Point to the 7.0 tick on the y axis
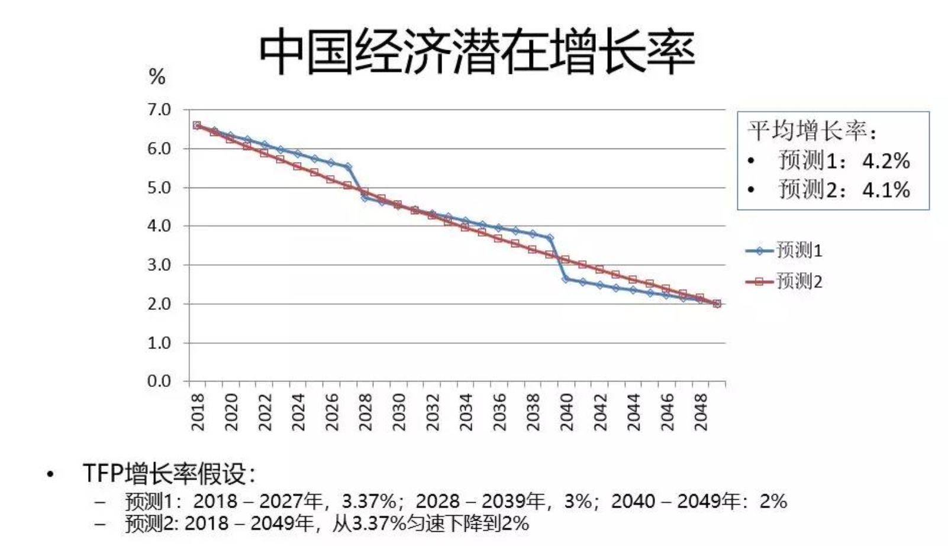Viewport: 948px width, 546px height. pos(159,110)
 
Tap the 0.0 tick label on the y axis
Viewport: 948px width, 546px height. pos(159,381)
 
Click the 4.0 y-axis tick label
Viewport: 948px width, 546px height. pos(159,226)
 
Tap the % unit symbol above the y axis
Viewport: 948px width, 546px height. pos(157,77)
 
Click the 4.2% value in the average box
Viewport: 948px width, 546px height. pos(885,160)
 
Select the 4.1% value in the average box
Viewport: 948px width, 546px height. pos(885,190)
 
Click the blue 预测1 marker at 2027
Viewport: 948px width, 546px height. pos(348,167)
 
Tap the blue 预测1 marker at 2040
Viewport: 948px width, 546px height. pos(566,278)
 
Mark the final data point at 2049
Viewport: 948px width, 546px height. pos(717,303)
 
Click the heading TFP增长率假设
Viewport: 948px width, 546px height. pos(168,474)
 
